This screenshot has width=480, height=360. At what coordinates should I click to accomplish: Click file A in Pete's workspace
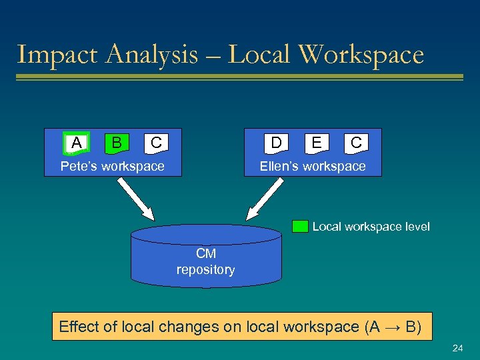[77, 143]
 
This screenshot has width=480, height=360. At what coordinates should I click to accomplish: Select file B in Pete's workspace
[117, 143]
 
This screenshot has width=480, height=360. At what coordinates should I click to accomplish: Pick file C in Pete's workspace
[156, 143]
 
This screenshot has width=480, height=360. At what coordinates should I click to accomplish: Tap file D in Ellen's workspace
[276, 143]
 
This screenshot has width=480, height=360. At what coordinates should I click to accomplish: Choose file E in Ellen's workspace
[317, 143]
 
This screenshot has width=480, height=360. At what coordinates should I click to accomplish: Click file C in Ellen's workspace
[356, 143]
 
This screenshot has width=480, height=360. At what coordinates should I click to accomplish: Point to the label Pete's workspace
[112, 166]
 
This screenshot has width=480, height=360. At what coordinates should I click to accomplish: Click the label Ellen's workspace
[313, 166]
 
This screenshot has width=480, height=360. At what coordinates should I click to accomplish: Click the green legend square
[300, 227]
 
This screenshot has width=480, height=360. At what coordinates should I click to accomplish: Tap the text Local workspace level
[371, 227]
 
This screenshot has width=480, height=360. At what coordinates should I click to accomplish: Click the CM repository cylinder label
[205, 262]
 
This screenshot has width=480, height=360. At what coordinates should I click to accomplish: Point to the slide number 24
[457, 349]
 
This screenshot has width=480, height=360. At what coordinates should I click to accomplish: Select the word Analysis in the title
[139, 55]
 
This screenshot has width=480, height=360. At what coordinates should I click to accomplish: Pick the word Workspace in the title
[362, 55]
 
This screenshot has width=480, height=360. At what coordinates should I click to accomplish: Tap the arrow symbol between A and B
[393, 327]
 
